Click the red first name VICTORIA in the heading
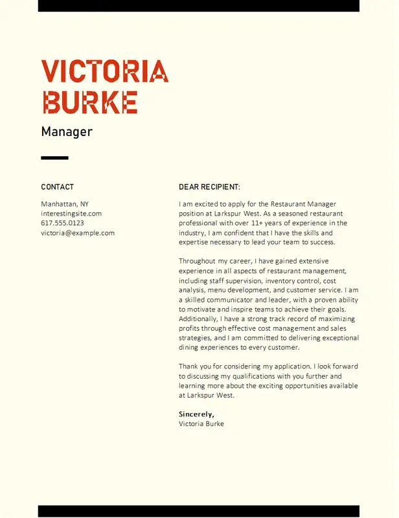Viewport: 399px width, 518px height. pyautogui.click(x=104, y=71)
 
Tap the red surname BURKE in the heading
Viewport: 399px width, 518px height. pyautogui.click(x=89, y=102)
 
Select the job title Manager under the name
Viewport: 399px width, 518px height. pyautogui.click(x=67, y=132)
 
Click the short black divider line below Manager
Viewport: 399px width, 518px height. pyautogui.click(x=54, y=157)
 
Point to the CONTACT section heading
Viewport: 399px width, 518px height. pyautogui.click(x=58, y=187)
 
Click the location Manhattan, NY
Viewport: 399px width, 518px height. pyautogui.click(x=65, y=204)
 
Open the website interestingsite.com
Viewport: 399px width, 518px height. pyautogui.click(x=71, y=214)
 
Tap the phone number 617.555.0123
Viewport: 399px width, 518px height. pyautogui.click(x=63, y=223)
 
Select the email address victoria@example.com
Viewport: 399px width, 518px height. pyautogui.click(x=78, y=233)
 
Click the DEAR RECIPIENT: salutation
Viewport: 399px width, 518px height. pyautogui.click(x=209, y=187)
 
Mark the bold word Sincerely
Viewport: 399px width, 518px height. pyautogui.click(x=196, y=414)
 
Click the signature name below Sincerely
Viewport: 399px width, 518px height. pyautogui.click(x=201, y=423)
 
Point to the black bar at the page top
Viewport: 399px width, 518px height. pyautogui.click(x=198, y=6)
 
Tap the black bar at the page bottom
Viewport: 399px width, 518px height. pyautogui.click(x=198, y=512)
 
